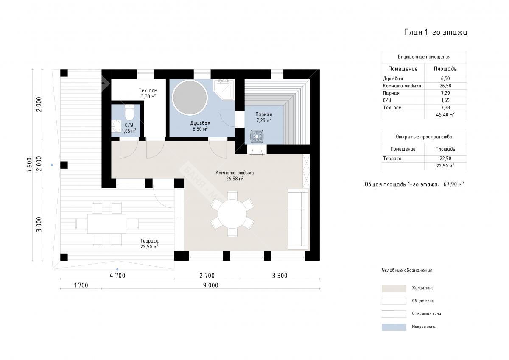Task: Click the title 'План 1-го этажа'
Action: pos(435,32)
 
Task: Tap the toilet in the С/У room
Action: pos(129,112)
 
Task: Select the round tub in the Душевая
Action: pos(190,98)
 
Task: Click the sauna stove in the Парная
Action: pos(257,137)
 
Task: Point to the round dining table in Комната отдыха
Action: pos(232,214)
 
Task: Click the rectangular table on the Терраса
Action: pos(107,223)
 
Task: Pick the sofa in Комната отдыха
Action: pos(298,219)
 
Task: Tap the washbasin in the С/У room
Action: pos(116,126)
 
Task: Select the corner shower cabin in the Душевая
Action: pos(224,89)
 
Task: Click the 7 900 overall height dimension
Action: pos(29,165)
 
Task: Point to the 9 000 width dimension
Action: pos(211,285)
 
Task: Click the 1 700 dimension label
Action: pos(81,285)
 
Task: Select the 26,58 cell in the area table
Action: pos(445,86)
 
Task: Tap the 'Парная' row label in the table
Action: pos(391,93)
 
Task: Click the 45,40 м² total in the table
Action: pos(445,115)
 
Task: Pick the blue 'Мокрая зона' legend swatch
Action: pos(394,327)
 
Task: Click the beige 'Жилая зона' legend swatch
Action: pos(394,288)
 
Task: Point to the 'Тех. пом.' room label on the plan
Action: pos(148,91)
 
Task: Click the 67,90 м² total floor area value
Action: pos(454,184)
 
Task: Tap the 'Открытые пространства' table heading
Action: pos(424,137)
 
